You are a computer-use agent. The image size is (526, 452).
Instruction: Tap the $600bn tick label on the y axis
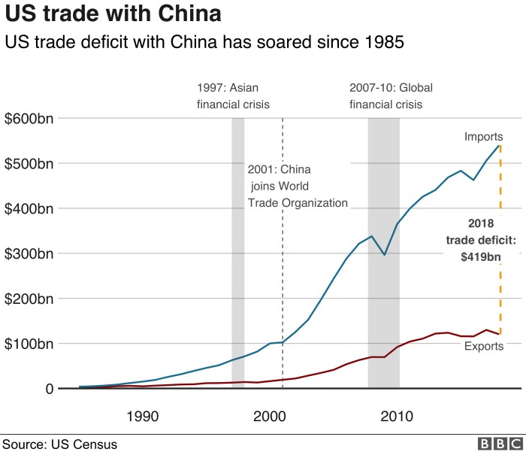pyautogui.click(x=29, y=118)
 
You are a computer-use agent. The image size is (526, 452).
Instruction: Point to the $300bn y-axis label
pyautogui.click(x=29, y=253)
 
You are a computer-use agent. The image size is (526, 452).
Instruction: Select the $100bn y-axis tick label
pyautogui.click(x=29, y=344)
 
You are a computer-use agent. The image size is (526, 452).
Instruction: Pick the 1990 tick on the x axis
pyautogui.click(x=142, y=416)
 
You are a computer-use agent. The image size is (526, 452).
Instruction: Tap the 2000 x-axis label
pyautogui.click(x=269, y=416)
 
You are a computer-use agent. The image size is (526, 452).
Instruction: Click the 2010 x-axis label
pyautogui.click(x=397, y=416)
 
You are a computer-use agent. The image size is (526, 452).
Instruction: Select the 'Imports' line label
pyautogui.click(x=483, y=136)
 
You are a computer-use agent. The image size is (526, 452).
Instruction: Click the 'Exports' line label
pyautogui.click(x=483, y=347)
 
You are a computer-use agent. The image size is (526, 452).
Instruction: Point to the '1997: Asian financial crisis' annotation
pyautogui.click(x=233, y=96)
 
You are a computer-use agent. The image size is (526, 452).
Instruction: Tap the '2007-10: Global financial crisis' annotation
pyautogui.click(x=391, y=96)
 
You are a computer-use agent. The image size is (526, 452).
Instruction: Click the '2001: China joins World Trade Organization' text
pyautogui.click(x=297, y=186)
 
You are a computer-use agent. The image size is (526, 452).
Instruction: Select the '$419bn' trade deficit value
pyautogui.click(x=481, y=256)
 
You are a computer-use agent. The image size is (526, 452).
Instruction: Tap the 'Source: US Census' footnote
pyautogui.click(x=59, y=444)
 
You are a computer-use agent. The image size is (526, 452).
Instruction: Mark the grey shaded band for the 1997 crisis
pyautogui.click(x=237, y=256)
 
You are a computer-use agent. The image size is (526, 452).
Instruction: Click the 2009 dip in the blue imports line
pyautogui.click(x=385, y=255)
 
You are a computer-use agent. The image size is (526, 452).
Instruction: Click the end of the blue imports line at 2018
pyautogui.click(x=500, y=145)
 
